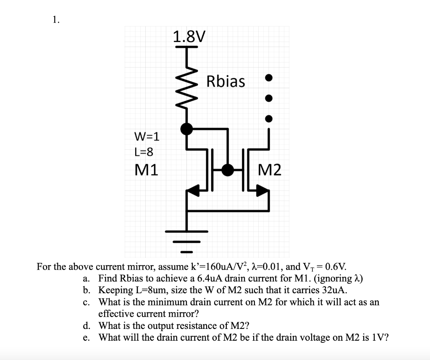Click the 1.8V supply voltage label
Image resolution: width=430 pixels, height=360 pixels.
[189, 37]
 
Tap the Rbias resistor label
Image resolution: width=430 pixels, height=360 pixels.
[225, 81]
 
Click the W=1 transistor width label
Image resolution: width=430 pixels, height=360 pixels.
[147, 137]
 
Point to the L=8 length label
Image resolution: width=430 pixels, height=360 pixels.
[144, 152]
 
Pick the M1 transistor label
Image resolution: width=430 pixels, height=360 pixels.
[147, 170]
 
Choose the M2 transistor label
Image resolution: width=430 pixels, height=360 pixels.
[270, 170]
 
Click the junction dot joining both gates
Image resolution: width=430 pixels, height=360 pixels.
[228, 170]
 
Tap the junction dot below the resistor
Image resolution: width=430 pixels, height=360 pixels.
[187, 129]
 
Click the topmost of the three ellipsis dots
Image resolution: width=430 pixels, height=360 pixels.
[269, 78]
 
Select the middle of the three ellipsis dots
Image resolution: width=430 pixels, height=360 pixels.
[269, 98]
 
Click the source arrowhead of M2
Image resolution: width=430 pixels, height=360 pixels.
[262, 190]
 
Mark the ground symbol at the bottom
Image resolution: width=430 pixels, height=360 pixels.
[186, 242]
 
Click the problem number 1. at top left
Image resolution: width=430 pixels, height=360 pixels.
[56, 19]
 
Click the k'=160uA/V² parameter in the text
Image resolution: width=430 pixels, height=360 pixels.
[220, 266]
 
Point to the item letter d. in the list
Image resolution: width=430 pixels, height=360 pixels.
[87, 326]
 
